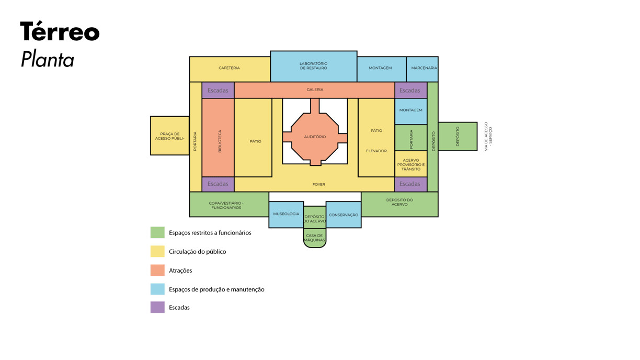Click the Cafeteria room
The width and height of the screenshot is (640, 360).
(x=230, y=69)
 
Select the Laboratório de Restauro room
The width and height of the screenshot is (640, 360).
(x=313, y=66)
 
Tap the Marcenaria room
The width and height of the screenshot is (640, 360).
(x=422, y=69)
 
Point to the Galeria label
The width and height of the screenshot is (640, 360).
(x=315, y=89)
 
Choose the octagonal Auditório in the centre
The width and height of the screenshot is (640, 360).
(x=315, y=137)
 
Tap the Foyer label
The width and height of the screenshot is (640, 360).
(x=318, y=184)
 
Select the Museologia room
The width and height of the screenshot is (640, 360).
(x=286, y=214)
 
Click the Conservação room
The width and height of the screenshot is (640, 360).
(x=344, y=215)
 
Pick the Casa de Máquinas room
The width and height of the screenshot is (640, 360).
(x=314, y=238)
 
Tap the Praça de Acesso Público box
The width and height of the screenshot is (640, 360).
(x=170, y=136)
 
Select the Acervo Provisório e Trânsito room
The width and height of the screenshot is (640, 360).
(x=410, y=164)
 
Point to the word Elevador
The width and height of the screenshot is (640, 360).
(x=376, y=151)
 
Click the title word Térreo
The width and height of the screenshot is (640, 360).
(x=60, y=32)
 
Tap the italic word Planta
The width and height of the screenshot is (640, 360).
(x=47, y=60)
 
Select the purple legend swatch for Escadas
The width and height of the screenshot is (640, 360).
(x=157, y=307)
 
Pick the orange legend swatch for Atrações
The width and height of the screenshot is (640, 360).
(x=157, y=270)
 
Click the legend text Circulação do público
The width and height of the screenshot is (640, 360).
(x=197, y=252)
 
